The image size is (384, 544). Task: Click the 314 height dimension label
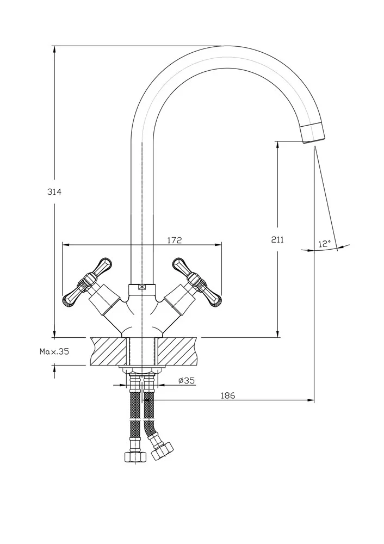[x=54, y=191]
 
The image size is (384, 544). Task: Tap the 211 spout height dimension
[x=277, y=239]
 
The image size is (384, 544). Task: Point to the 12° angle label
[x=325, y=244]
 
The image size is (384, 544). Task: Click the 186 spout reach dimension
[x=228, y=395]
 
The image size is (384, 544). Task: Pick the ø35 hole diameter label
[x=187, y=381]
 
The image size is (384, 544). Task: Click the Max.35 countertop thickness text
[x=54, y=351]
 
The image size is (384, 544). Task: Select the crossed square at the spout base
[x=143, y=289]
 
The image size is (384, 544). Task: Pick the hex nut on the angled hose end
[x=162, y=450]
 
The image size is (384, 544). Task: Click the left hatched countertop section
[x=109, y=350]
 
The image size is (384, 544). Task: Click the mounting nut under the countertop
[x=143, y=370]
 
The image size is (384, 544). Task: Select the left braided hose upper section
[x=134, y=403]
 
